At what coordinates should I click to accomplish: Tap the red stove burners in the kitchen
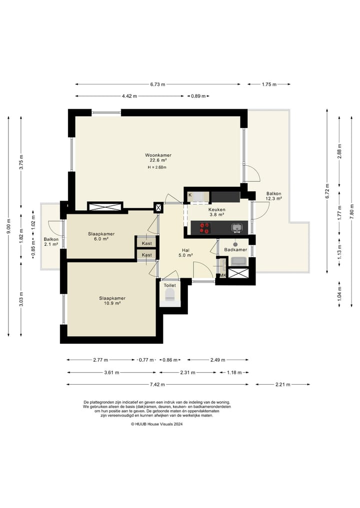point(204,228)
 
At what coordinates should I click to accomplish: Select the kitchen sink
point(237,228)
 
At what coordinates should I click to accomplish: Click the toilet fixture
point(170,295)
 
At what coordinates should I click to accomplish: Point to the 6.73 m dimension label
point(157,84)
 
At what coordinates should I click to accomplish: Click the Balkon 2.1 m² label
point(51,242)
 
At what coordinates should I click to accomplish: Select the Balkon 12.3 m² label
point(273,196)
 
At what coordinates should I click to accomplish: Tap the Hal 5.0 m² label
point(186,253)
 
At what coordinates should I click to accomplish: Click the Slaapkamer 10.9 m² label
point(112,301)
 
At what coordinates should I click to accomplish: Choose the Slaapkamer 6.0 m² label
point(101,236)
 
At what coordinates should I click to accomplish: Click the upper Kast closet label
point(147,243)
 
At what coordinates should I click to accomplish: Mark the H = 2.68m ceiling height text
point(157,167)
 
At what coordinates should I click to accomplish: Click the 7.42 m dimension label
point(157,385)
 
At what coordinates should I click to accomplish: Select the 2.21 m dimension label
point(283,385)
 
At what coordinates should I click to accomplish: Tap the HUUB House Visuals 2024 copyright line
point(157,424)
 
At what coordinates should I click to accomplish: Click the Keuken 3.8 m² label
point(216,212)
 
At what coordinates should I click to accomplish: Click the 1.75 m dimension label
point(269,84)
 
